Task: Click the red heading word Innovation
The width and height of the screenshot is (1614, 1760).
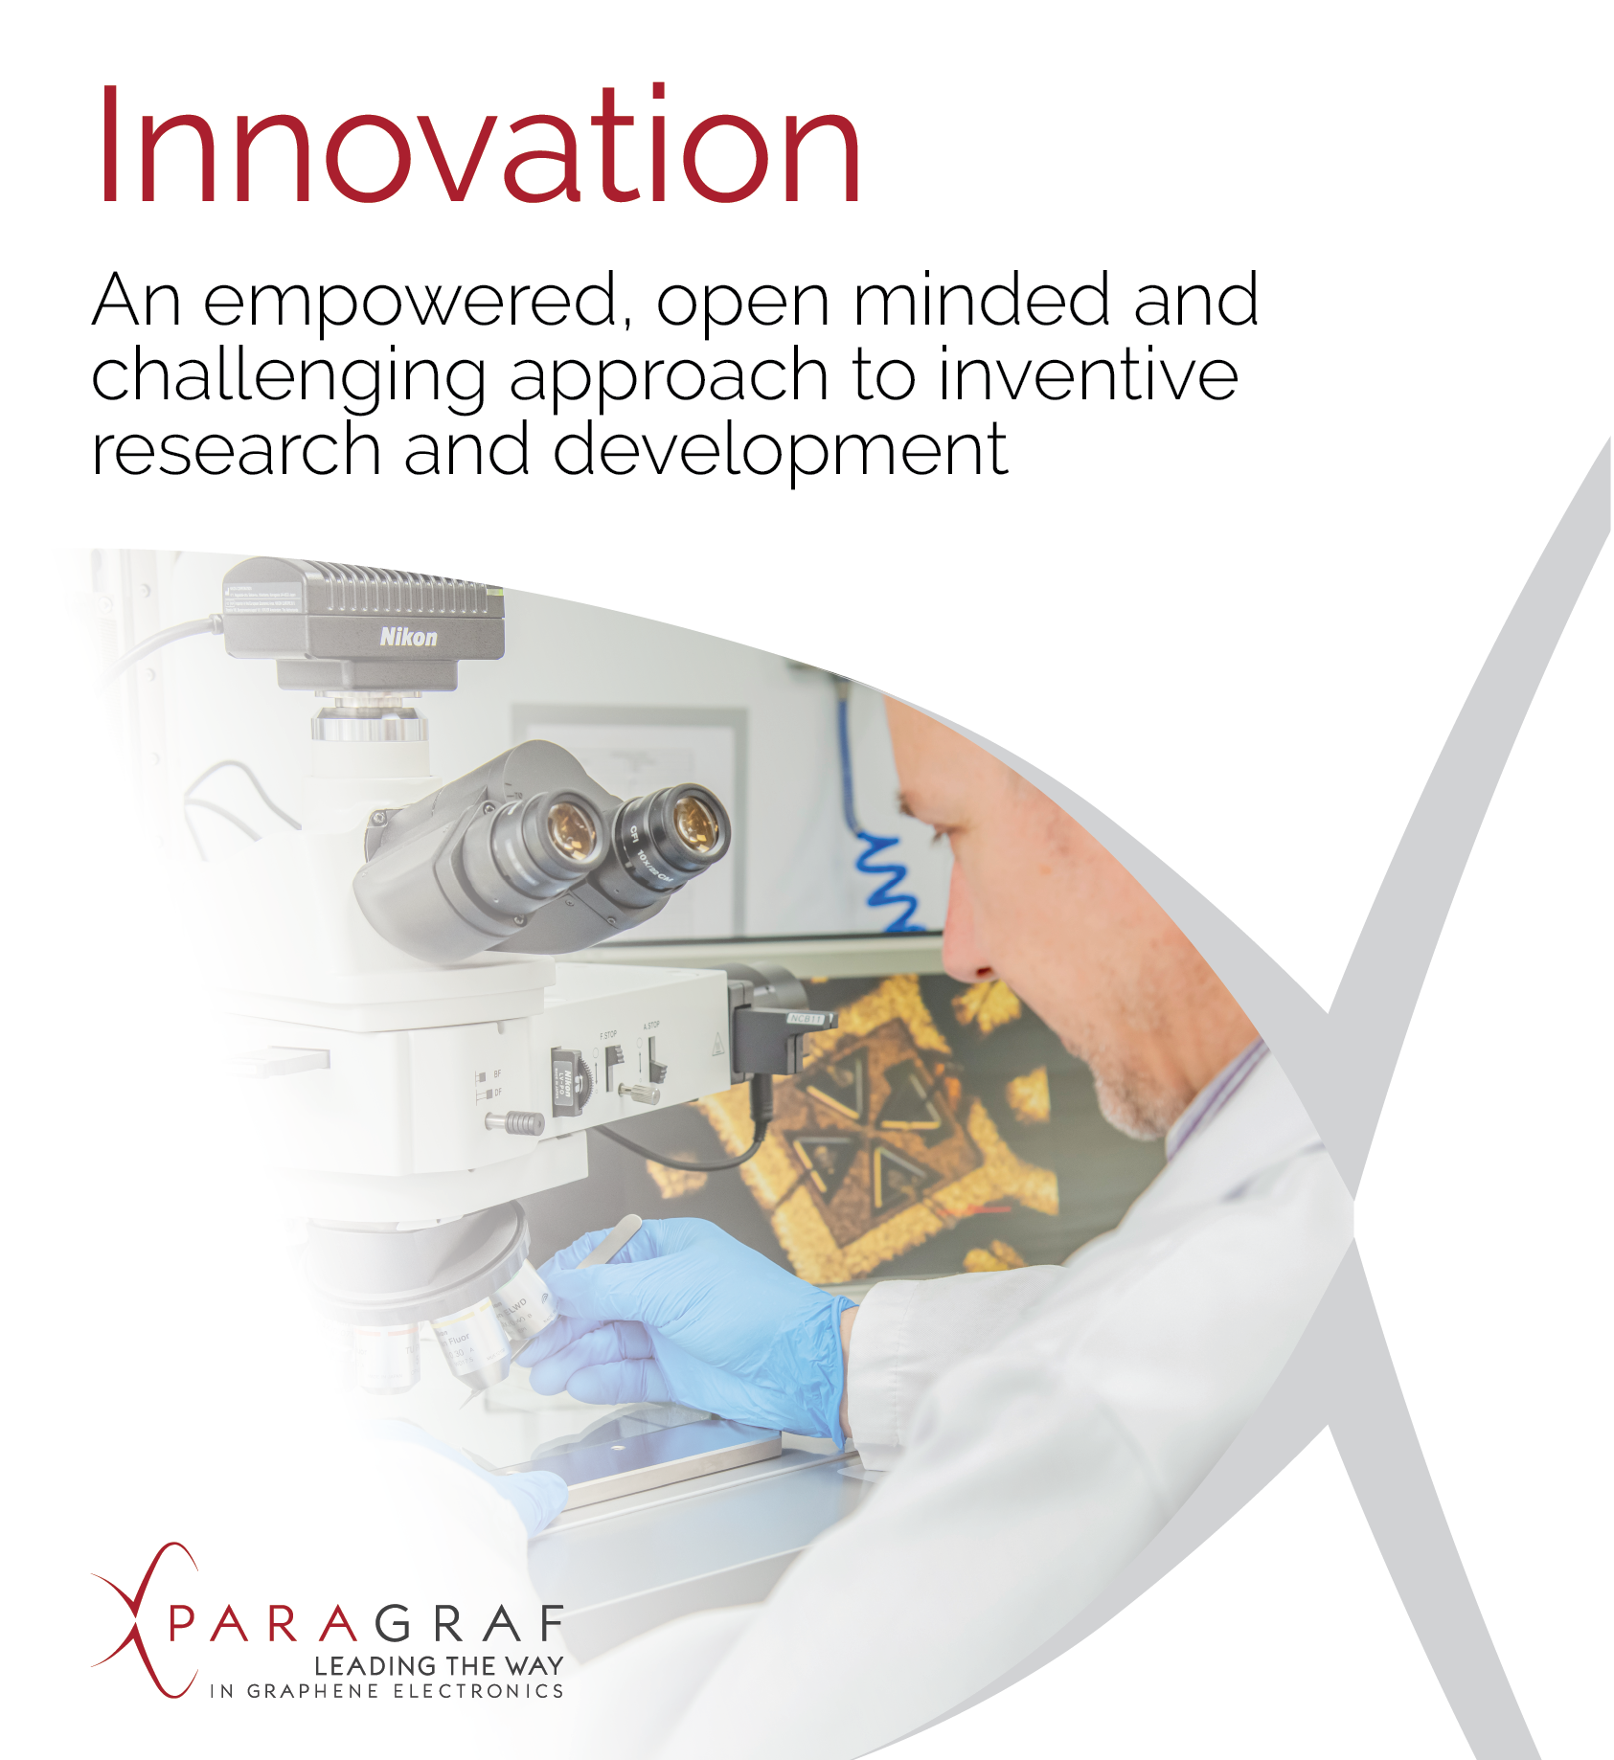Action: [479, 146]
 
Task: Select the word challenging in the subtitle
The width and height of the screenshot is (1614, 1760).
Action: [287, 376]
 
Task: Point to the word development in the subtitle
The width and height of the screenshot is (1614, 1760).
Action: [780, 451]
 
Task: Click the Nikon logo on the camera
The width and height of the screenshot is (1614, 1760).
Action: [408, 637]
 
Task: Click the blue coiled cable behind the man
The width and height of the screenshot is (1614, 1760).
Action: [886, 876]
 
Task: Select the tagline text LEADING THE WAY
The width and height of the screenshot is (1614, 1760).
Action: [439, 1666]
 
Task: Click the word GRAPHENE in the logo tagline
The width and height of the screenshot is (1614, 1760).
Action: [312, 1692]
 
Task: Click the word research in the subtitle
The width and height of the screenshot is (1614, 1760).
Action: [236, 451]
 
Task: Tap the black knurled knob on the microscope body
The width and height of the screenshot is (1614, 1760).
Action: [523, 1121]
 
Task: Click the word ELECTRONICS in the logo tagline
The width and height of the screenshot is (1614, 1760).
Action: [479, 1692]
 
